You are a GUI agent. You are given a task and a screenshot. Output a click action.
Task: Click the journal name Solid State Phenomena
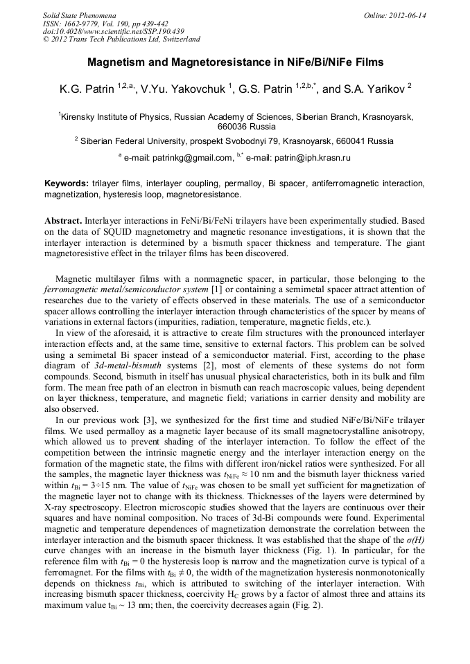click(x=79, y=15)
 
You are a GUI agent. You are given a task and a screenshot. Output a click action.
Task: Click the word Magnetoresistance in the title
click(x=226, y=62)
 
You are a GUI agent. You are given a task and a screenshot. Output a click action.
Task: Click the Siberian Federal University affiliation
click(x=141, y=141)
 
